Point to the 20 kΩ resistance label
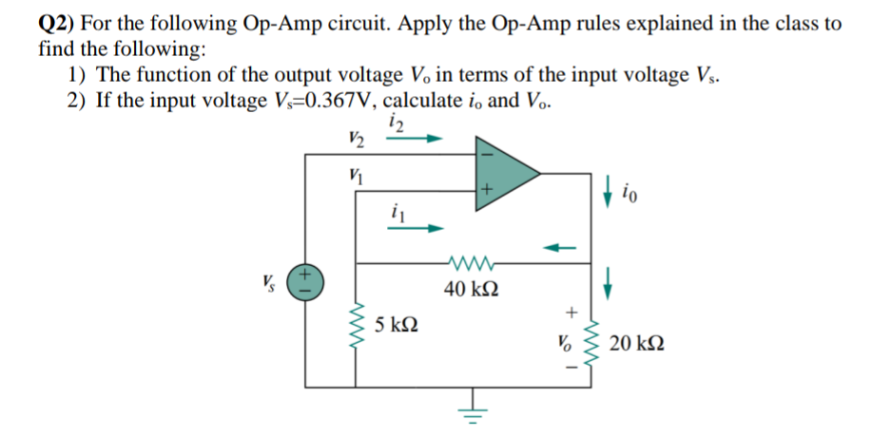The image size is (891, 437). (637, 343)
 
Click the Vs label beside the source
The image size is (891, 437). (272, 281)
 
